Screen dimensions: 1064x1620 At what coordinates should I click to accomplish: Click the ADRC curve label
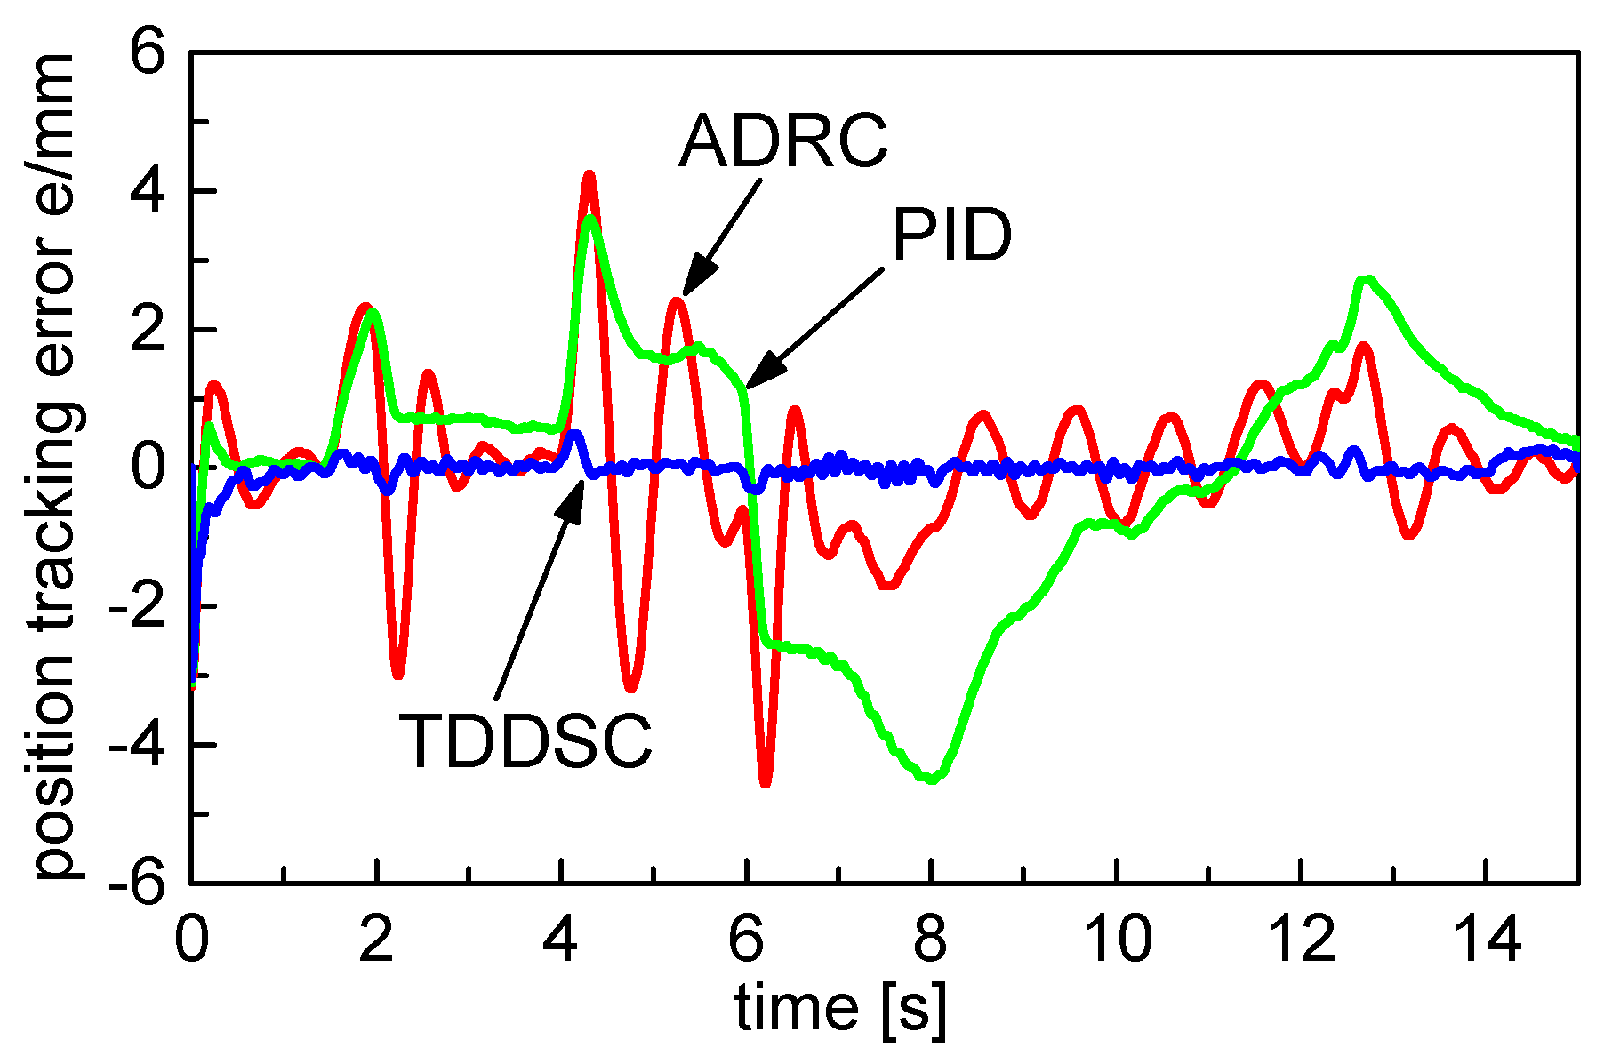click(x=782, y=140)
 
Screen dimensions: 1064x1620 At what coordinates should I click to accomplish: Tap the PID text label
click(x=951, y=236)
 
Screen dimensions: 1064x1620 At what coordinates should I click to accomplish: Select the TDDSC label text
click(x=525, y=740)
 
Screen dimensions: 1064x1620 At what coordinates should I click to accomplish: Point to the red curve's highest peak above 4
click(x=588, y=175)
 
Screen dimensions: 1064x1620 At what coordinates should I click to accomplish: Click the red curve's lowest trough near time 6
click(x=766, y=783)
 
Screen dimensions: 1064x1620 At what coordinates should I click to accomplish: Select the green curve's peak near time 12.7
click(x=1367, y=281)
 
